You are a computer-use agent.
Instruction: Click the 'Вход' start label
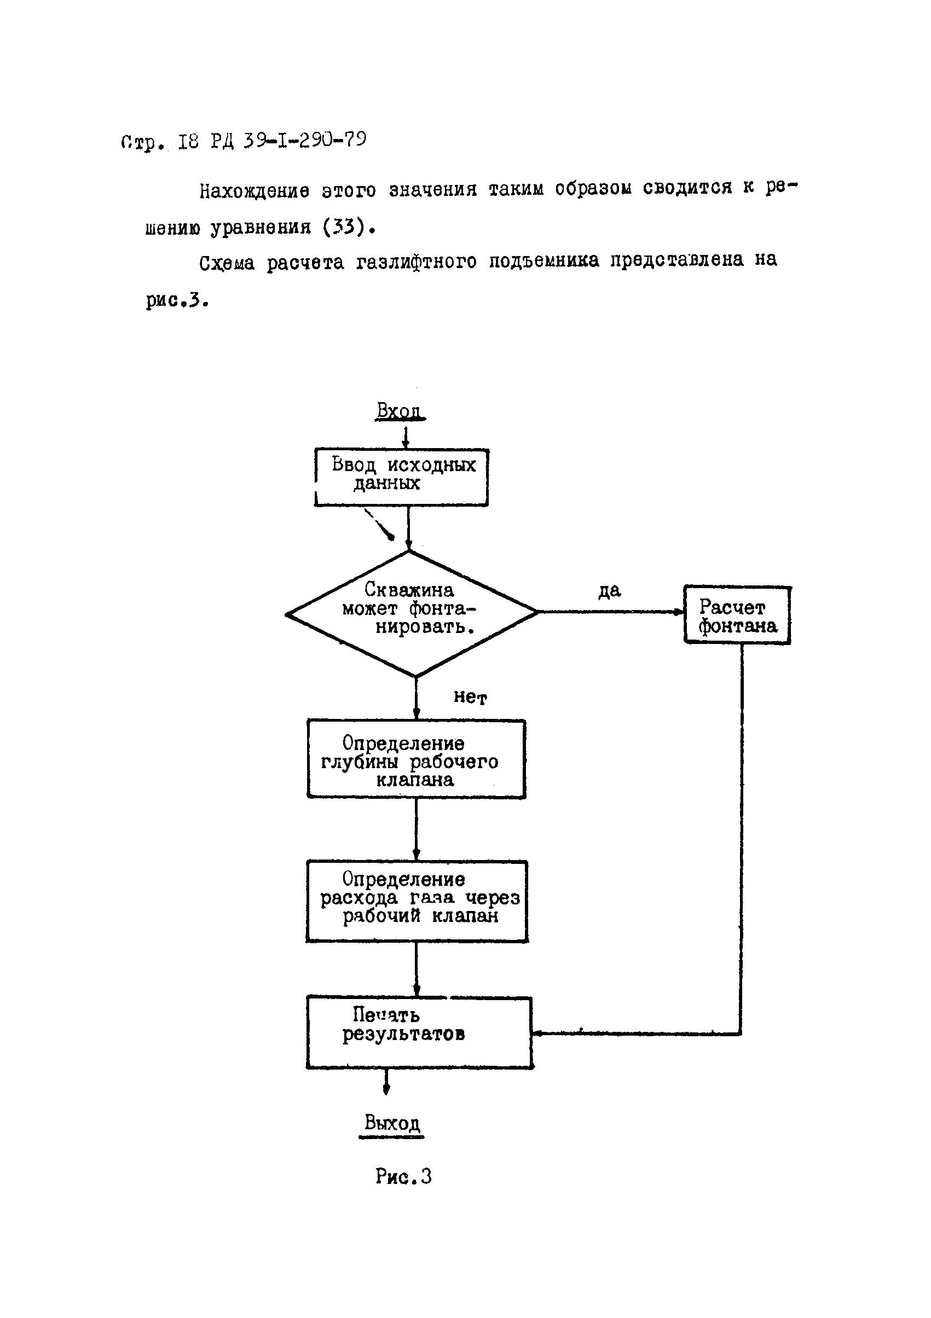(x=400, y=410)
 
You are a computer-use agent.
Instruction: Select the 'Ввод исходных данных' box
(x=401, y=477)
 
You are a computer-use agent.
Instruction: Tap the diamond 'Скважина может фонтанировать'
(x=411, y=613)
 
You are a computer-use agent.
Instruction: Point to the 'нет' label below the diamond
(x=470, y=697)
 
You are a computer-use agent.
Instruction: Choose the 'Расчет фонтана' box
(x=737, y=615)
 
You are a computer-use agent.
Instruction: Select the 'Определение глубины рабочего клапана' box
(x=417, y=759)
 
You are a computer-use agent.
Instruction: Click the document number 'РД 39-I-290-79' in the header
(x=288, y=141)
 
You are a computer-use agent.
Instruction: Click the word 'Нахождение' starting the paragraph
(x=254, y=190)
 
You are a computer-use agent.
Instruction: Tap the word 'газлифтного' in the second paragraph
(x=416, y=262)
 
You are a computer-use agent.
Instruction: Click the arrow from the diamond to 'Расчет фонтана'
(x=609, y=612)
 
